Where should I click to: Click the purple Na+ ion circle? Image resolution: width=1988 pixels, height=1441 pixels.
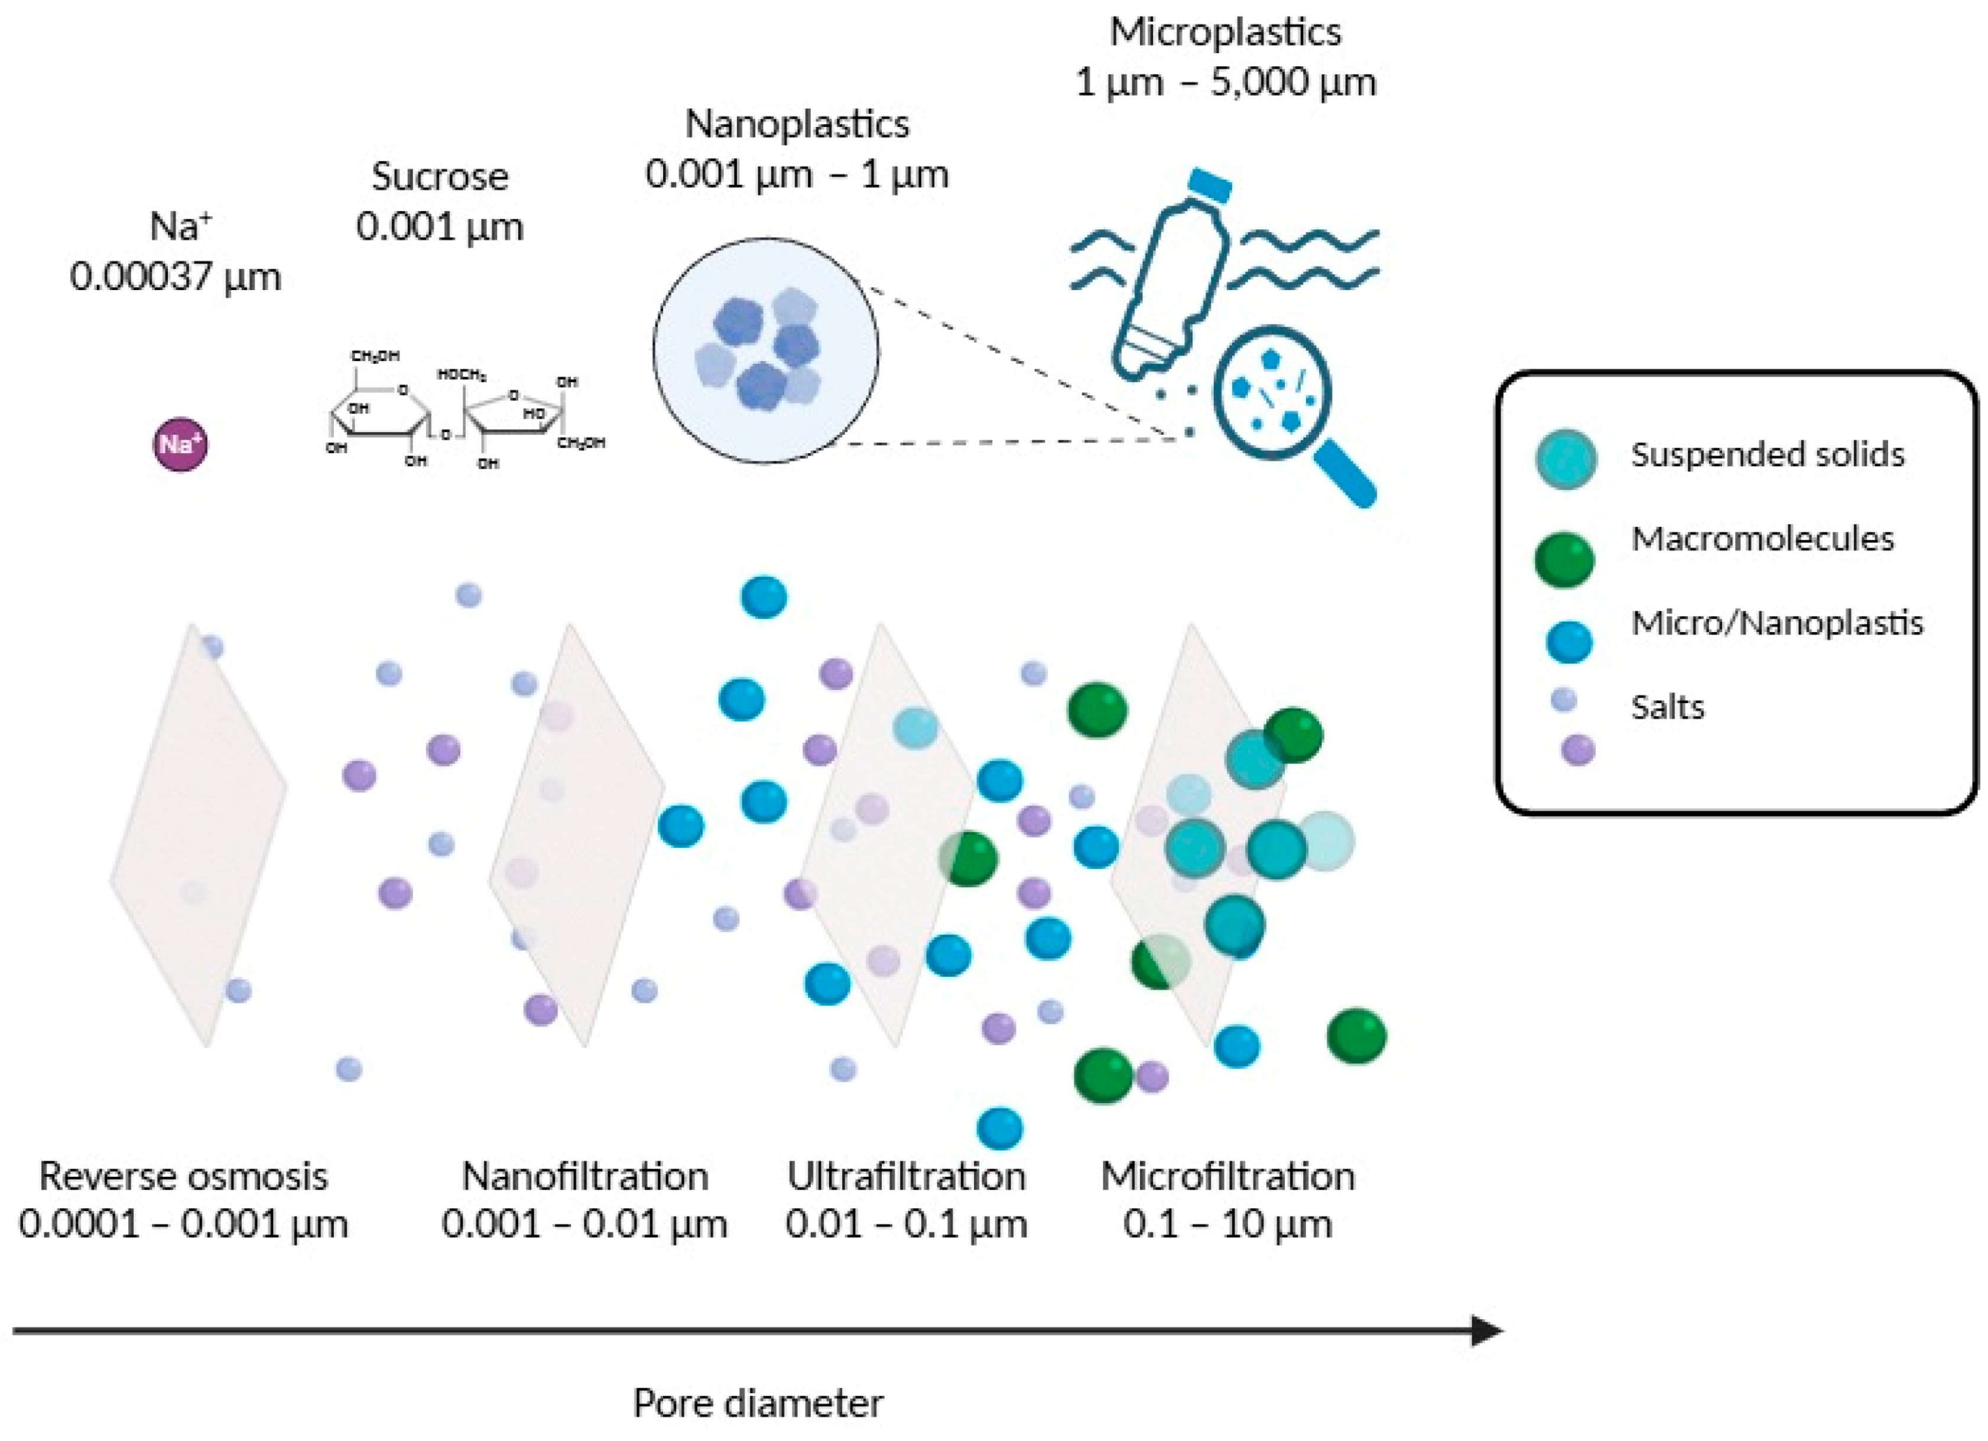point(181,444)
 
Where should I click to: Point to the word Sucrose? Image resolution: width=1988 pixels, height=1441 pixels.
point(440,176)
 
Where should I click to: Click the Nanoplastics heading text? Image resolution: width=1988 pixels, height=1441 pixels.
point(797,123)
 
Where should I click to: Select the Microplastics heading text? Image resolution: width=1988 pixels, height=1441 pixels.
point(1226,32)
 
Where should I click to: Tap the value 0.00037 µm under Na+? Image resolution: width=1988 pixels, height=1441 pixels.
point(176,277)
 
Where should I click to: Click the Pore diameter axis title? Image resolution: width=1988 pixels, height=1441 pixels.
point(758,1403)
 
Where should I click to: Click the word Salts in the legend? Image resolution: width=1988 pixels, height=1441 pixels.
point(1667,707)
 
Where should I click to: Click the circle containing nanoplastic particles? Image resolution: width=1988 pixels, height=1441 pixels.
point(765,350)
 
